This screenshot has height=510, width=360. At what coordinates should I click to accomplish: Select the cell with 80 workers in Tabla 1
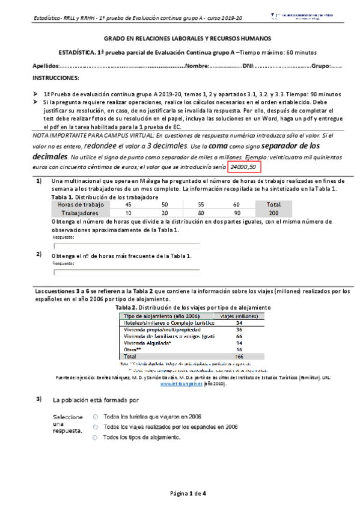(201, 213)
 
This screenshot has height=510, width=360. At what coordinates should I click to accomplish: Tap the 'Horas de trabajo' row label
(81, 205)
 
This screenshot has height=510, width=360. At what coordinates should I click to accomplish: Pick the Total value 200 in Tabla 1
(274, 213)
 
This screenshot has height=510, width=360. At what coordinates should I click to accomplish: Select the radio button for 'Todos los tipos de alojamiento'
(96, 437)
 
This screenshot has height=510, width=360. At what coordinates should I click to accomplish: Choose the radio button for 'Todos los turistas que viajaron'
(96, 416)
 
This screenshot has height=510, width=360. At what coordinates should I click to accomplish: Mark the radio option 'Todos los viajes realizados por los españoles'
(96, 426)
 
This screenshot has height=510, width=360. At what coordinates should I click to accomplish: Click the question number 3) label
(39, 399)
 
